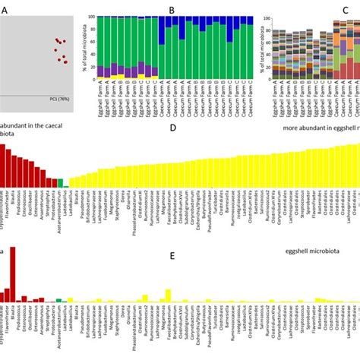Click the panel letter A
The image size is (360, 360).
[x=7, y=11]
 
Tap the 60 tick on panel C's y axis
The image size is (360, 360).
[x=265, y=43]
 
